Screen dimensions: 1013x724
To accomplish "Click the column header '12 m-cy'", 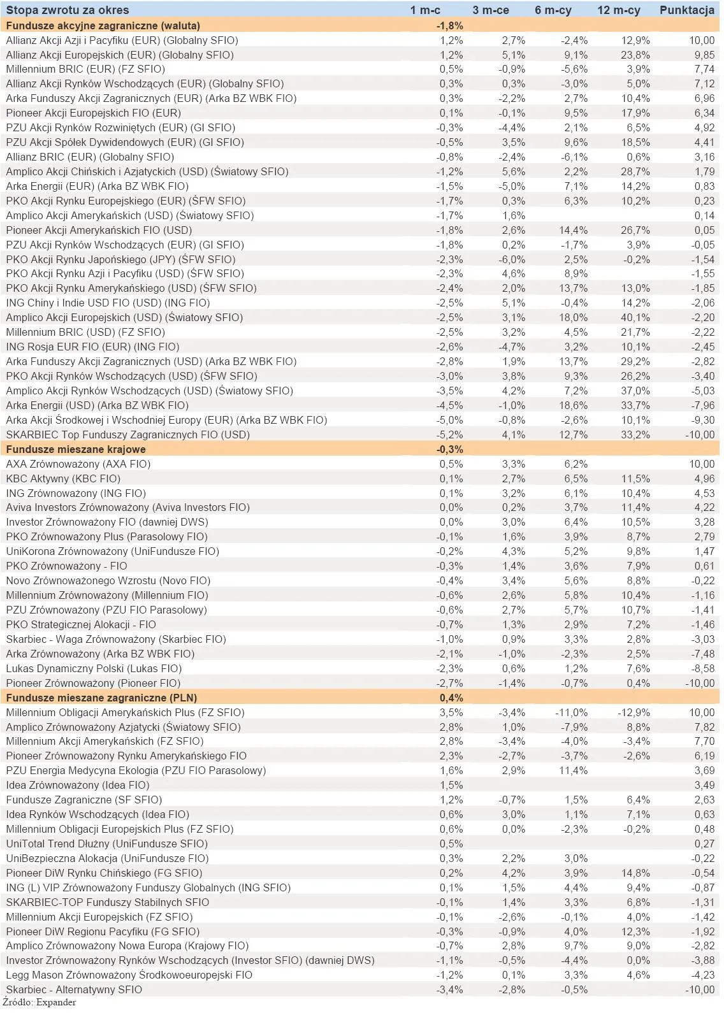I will point(618,10).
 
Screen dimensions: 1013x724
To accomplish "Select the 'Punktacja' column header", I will point(686,10).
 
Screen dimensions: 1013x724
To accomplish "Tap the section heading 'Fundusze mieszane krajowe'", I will point(75,449).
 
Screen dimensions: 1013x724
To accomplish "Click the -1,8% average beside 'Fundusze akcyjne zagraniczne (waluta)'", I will point(450,25).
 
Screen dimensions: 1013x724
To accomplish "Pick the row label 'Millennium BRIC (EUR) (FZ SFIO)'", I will point(85,69).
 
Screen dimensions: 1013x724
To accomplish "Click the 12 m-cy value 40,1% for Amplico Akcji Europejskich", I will point(636,317).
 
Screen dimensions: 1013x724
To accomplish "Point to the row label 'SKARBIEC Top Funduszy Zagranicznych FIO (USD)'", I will point(127,435).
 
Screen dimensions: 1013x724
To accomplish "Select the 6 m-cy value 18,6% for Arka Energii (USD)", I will point(574,405).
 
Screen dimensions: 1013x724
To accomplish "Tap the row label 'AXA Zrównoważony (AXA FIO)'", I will point(78,464).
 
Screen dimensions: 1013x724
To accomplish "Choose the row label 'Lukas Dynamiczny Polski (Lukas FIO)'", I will point(94,668).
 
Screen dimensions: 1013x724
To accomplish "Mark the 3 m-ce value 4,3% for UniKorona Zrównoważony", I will point(513,551).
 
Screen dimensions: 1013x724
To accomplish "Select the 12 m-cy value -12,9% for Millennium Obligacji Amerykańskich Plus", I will point(633,712).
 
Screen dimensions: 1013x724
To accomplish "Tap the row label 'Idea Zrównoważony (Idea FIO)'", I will point(77,785).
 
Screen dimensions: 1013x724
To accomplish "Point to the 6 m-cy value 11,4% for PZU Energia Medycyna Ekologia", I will point(574,770).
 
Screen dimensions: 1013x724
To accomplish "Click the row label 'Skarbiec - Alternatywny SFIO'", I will point(74,989).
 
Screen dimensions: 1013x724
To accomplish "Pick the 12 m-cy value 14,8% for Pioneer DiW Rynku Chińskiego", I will point(636,873).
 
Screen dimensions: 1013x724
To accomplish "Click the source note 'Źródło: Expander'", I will point(40,1003).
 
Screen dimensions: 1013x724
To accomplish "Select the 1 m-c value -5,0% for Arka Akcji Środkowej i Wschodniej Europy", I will point(450,420).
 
